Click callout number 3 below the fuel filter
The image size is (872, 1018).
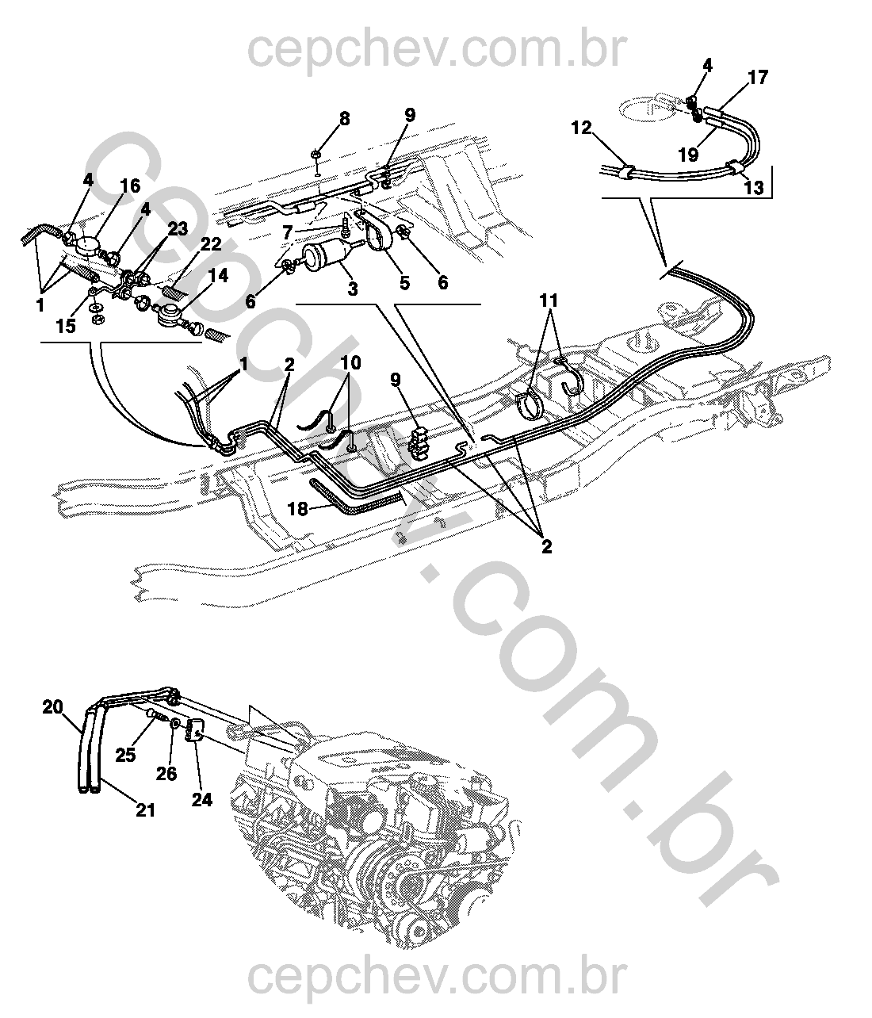tap(352, 289)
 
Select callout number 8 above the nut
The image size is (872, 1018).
tap(344, 119)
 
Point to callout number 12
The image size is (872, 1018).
tap(582, 128)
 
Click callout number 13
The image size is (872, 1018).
tap(753, 188)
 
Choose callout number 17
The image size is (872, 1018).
tap(758, 78)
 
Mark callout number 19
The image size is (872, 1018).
tap(689, 155)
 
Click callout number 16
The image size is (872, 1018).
tap(130, 186)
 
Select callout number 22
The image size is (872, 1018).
tap(211, 245)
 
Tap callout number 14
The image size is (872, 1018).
tap(219, 276)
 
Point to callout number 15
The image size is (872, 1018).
tap(66, 326)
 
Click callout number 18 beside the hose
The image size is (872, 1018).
tap(297, 509)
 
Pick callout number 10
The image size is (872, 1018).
tap(350, 363)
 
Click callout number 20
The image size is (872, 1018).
tap(53, 707)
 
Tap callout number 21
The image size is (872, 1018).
tap(145, 809)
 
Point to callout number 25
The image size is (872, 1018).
tap(125, 755)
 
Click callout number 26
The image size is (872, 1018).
tap(166, 774)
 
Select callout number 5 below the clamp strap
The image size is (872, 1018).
tap(404, 283)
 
